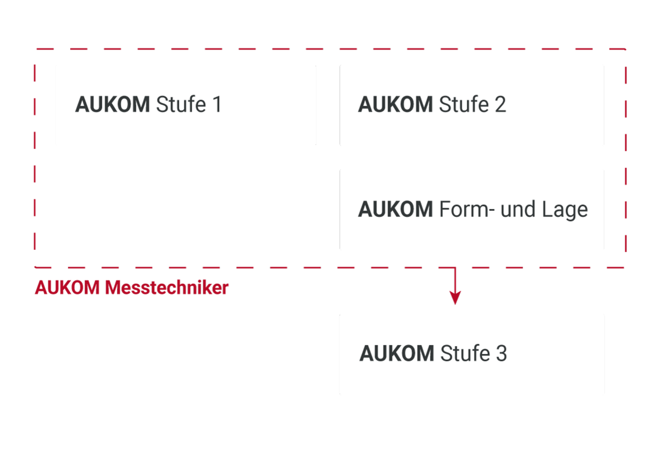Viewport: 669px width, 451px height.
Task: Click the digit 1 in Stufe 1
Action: point(217,105)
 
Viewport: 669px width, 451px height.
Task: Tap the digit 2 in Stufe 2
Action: point(500,105)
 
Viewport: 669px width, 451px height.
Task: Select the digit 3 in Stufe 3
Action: point(501,353)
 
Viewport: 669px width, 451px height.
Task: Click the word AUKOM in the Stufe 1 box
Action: point(112,105)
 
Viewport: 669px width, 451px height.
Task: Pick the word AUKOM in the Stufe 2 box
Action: point(395,105)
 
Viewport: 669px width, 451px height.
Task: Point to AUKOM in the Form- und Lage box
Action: point(395,209)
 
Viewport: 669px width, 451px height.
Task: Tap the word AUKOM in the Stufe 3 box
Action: point(397,353)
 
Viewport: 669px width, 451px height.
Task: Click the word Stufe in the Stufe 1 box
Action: point(181,105)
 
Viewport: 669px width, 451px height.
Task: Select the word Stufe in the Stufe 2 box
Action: point(464,105)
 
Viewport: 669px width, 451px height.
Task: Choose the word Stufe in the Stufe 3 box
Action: point(465,353)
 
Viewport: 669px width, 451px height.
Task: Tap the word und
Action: point(518,209)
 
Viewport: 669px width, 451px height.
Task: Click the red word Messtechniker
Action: point(166,288)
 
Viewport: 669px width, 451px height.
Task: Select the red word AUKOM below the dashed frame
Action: point(67,288)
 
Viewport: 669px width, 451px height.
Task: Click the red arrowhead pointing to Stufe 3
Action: point(455,297)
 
